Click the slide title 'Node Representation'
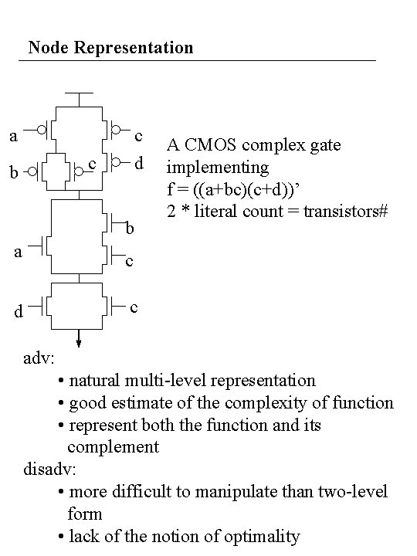tap(110, 48)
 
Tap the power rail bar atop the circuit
tap(79, 93)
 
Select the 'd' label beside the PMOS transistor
tap(139, 164)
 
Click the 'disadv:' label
tap(50, 470)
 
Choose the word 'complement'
tap(113, 447)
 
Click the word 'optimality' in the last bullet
tap(262, 536)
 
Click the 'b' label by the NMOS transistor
tap(131, 229)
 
